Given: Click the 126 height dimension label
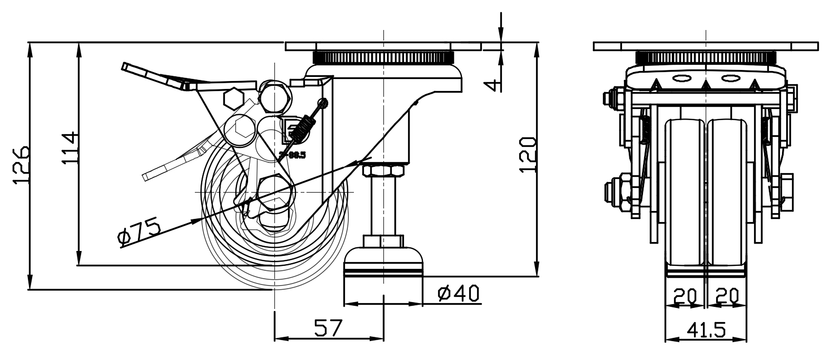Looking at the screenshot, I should tap(20, 165).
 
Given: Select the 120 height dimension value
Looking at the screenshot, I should tap(527, 155).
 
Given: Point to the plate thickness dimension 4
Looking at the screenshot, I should tap(491, 84).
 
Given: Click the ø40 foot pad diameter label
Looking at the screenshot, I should tap(459, 294).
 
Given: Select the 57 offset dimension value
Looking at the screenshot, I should tap(329, 328).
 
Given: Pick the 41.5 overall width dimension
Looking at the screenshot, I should tap(706, 330).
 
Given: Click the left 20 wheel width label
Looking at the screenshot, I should tap(685, 296).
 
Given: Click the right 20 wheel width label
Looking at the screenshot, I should tap(727, 296).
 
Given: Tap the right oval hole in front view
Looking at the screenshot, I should tap(730, 79).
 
